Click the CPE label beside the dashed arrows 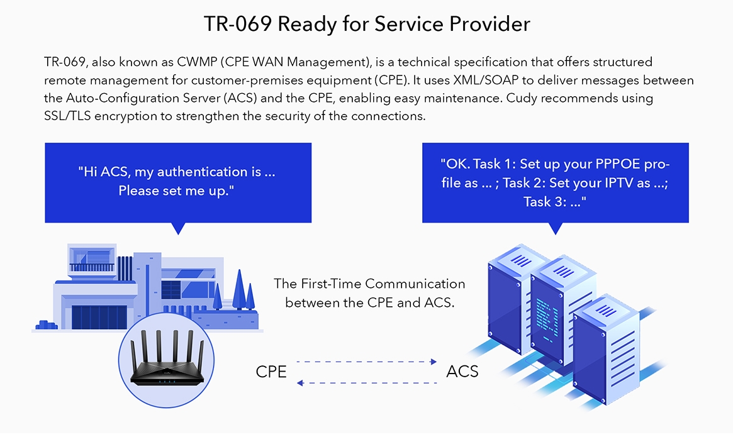coord(271,372)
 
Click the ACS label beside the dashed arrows coord(462,371)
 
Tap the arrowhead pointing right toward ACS coord(434,362)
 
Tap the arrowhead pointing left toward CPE coord(300,383)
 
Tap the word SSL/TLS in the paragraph coord(67,116)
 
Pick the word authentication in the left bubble coord(209,172)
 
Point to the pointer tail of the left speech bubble coord(179,228)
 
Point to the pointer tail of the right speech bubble coord(556,228)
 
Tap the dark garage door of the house coord(99,318)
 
